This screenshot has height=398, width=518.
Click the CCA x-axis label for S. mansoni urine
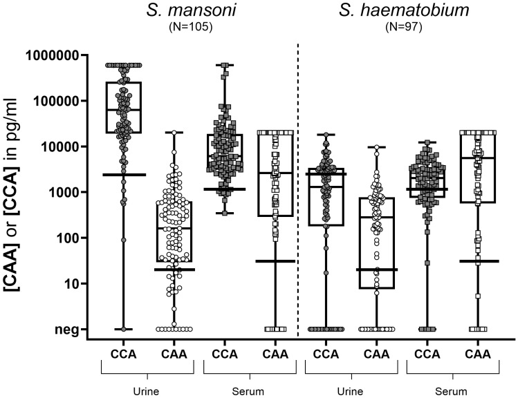pos(124,355)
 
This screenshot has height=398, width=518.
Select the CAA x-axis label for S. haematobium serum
pos(477,355)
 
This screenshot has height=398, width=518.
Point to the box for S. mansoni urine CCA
pos(124,107)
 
